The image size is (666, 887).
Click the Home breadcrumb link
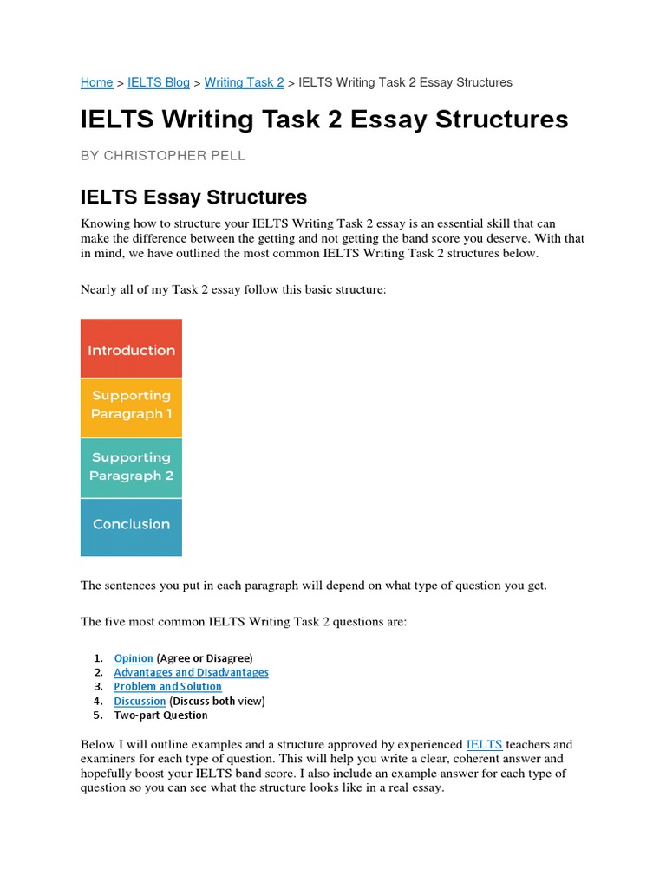96,82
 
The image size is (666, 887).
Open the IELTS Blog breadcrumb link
158,82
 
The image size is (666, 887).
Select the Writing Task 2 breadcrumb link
244,82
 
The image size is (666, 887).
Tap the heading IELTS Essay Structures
193,197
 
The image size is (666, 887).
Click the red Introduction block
131,350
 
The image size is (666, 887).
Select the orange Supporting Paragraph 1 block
131,405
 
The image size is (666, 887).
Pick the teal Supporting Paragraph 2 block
131,467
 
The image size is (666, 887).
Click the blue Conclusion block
131,524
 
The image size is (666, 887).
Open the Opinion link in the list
134,658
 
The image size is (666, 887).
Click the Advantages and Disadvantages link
191,672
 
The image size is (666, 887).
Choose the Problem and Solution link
167,687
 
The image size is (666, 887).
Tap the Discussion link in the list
140,701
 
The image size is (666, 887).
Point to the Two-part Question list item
160,715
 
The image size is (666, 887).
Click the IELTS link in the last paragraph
484,744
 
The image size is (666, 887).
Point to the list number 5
97,715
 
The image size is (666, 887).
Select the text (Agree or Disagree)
205,658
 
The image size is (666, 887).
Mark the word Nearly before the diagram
100,288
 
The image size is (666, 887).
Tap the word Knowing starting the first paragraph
105,223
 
